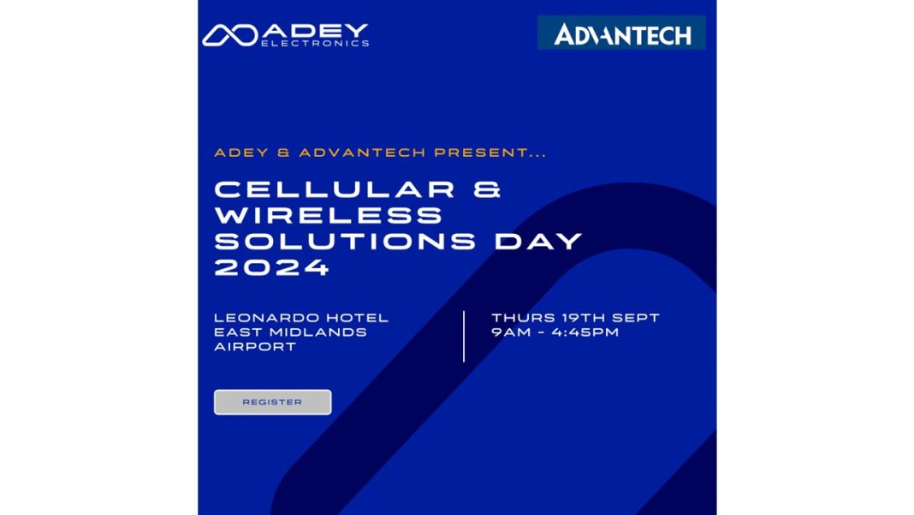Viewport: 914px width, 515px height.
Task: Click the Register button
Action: pos(272,402)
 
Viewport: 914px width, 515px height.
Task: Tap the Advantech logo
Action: pos(621,33)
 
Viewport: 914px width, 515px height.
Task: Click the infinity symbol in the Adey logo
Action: pos(229,35)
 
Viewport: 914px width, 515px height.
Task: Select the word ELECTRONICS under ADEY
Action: pos(315,43)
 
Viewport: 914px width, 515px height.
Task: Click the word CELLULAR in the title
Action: pos(335,190)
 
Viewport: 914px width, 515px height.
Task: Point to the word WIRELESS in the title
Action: pos(328,216)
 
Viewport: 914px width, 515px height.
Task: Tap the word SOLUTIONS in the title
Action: pos(344,242)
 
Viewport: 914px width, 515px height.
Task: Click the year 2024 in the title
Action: pos(271,267)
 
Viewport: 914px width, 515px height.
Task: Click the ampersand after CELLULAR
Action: pos(486,190)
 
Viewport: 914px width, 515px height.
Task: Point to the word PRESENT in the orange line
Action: pos(490,153)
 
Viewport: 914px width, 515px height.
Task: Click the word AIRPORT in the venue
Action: pos(255,347)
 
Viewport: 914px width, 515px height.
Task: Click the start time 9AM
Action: pos(510,332)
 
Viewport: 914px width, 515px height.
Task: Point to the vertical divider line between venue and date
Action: pos(464,336)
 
